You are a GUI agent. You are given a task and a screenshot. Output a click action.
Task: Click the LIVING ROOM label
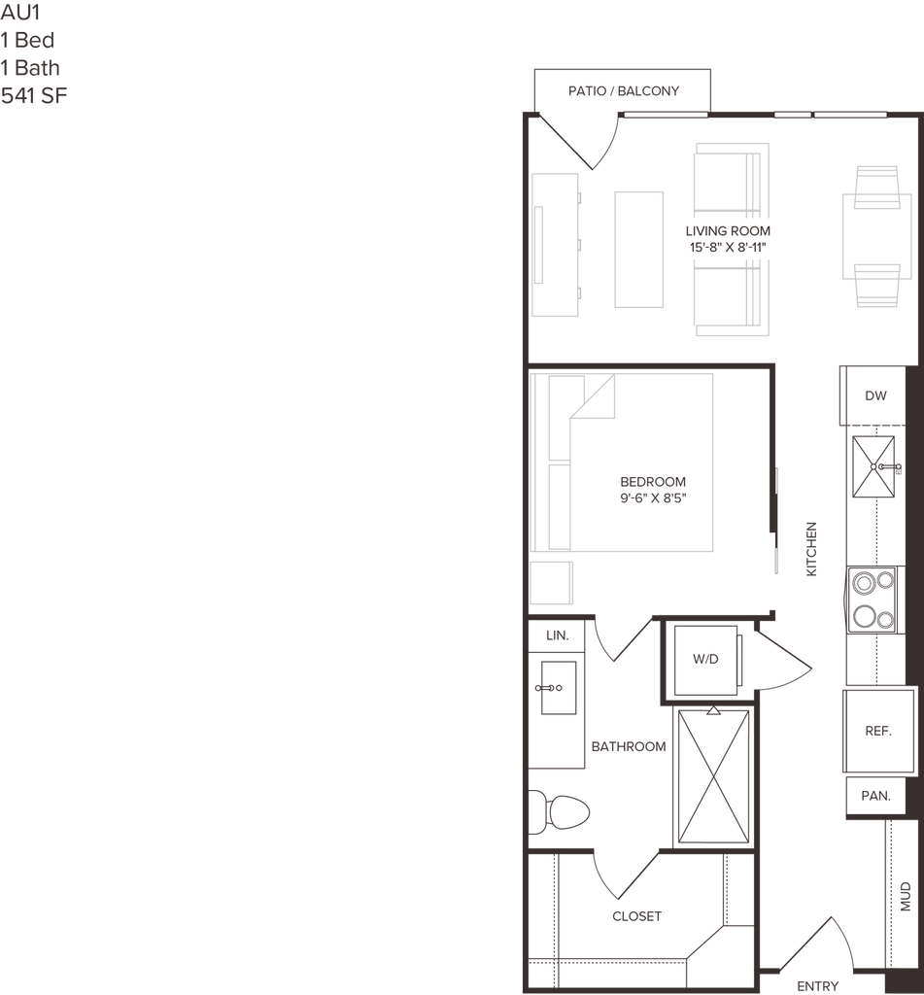(728, 231)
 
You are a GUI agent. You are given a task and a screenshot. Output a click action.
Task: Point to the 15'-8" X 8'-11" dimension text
(728, 249)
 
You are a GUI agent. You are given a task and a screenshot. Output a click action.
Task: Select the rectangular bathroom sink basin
(557, 687)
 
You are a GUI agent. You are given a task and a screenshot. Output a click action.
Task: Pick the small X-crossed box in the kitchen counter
(873, 467)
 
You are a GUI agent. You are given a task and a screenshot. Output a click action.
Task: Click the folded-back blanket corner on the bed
(595, 397)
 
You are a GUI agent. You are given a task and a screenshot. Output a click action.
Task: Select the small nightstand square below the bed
(553, 583)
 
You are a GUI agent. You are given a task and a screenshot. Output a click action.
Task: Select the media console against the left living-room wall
(555, 244)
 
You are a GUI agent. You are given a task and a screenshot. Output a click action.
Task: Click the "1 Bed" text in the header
(28, 42)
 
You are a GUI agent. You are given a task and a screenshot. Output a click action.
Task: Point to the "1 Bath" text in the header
(31, 68)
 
